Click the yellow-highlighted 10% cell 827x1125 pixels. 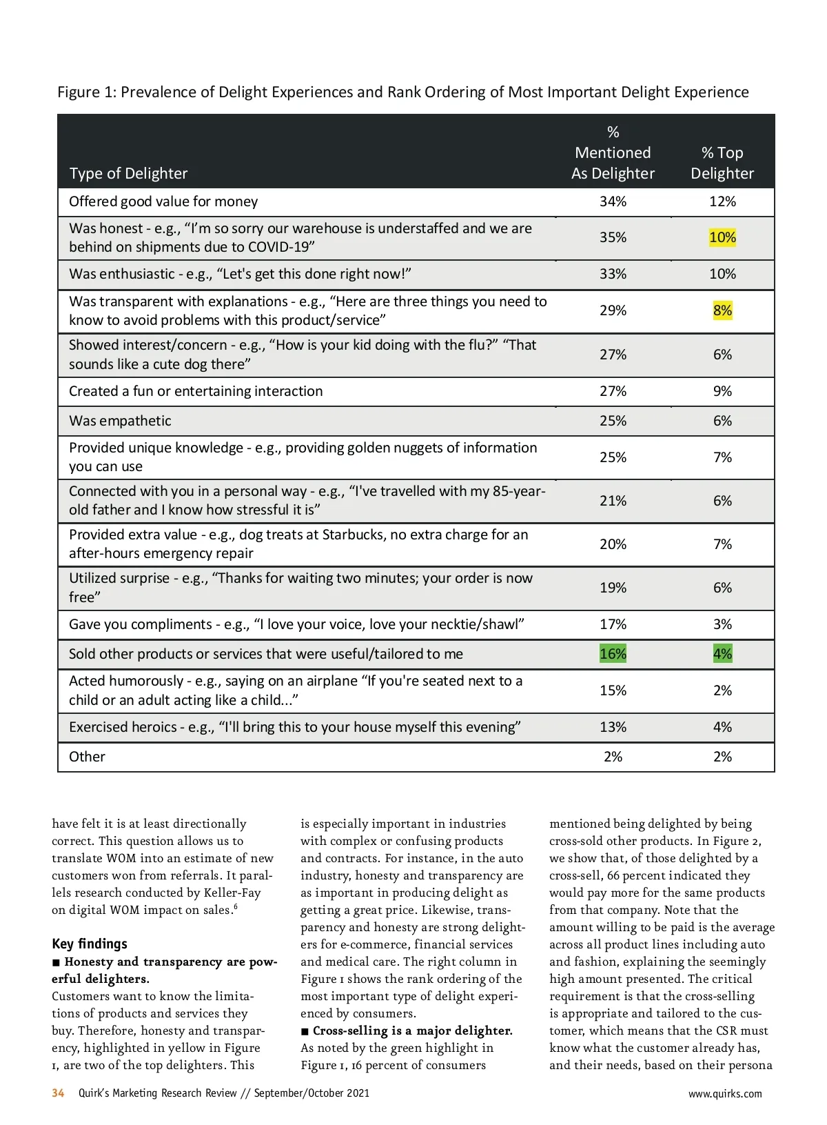(x=722, y=237)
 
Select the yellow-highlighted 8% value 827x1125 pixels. (x=722, y=310)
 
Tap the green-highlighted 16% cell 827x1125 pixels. (x=613, y=654)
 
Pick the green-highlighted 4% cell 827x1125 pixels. (x=722, y=654)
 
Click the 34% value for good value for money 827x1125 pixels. (x=613, y=201)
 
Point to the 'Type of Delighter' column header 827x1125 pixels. (x=128, y=173)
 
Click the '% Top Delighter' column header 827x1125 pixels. (x=722, y=163)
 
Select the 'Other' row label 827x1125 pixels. (x=87, y=757)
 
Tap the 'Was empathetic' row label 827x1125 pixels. (x=120, y=421)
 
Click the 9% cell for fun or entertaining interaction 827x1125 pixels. (x=722, y=391)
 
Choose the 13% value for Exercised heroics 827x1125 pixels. (x=613, y=727)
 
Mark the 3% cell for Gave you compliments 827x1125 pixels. (x=722, y=624)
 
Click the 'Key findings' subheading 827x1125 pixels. (x=90, y=944)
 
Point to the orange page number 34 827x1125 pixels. (x=58, y=1093)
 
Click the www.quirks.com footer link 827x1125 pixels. (x=725, y=1093)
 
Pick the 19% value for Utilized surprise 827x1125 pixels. (x=613, y=588)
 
